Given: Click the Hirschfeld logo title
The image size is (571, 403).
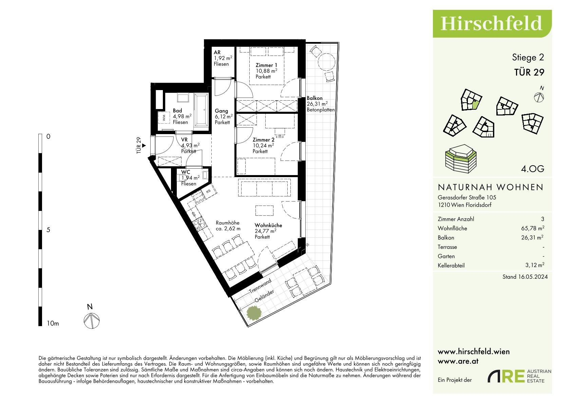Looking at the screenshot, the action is (491, 23).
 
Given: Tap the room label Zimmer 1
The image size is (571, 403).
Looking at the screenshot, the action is (266, 65).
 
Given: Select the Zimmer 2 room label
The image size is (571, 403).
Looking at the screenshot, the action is (264, 140).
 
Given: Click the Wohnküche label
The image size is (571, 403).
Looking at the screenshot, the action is (268, 226).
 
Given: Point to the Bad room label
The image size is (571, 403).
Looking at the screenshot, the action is (177, 111).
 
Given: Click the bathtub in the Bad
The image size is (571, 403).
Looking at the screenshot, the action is (201, 110).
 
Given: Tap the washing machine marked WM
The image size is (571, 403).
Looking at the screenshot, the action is (164, 118).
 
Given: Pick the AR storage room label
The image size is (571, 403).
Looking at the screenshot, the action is (217, 52).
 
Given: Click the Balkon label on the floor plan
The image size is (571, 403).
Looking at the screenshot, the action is (315, 98).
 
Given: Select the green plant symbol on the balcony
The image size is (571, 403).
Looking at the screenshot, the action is (254, 313).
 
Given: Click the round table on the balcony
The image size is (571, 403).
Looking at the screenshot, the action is (326, 62).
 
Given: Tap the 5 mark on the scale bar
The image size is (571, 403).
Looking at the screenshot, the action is (48, 230).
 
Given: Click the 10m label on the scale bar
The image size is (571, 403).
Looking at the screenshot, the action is (53, 323).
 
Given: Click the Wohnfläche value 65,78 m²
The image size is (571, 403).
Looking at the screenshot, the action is (533, 228).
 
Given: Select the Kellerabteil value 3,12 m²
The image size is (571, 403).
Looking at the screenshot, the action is (535, 265).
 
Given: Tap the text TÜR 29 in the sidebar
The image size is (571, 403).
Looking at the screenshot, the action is (529, 72).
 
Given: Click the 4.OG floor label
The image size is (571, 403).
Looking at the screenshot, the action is (533, 169).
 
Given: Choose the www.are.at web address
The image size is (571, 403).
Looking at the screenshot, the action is (458, 361).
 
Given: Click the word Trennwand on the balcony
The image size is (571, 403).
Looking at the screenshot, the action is (260, 286).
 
